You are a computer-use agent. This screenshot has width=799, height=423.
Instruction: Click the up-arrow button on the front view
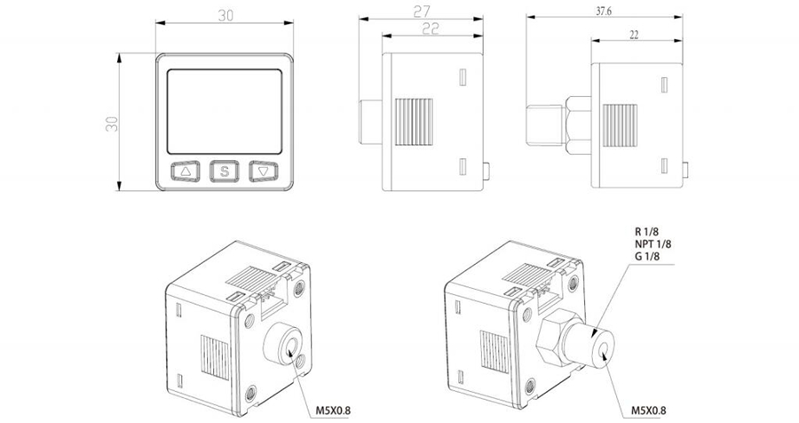point(186,171)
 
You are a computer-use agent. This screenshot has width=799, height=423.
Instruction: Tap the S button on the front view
point(225,171)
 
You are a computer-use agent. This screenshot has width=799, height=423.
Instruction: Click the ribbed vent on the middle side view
point(415,122)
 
